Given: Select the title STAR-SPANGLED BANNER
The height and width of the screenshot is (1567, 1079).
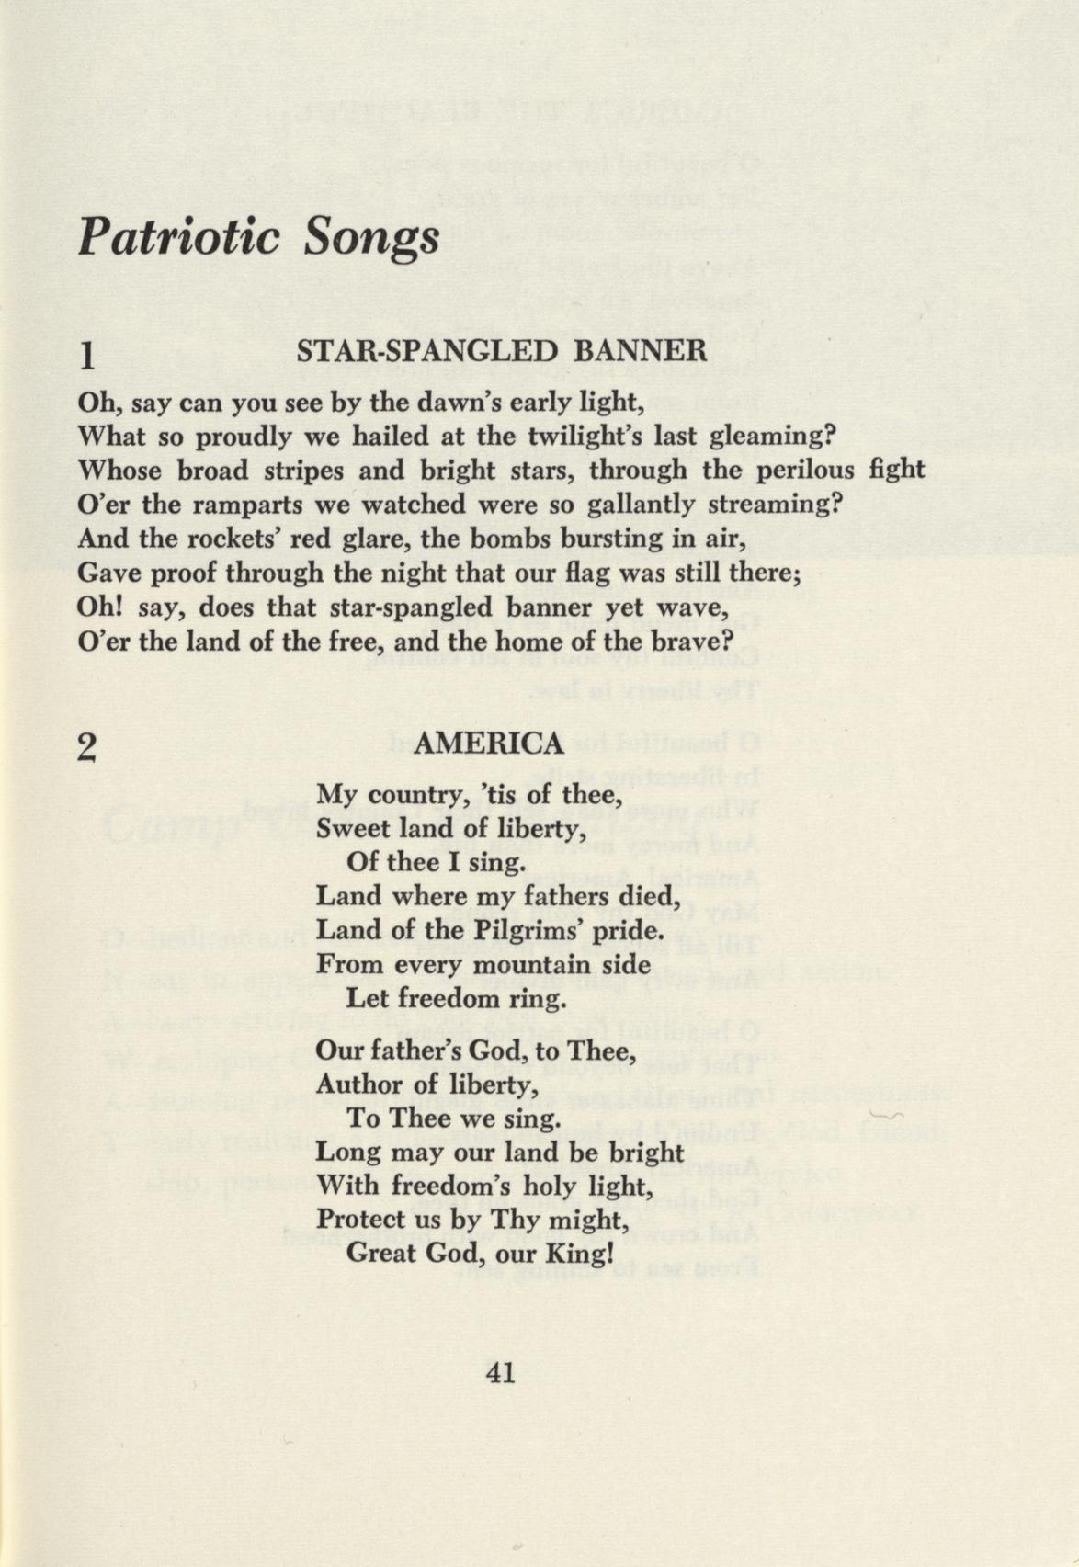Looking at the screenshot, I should coord(502,351).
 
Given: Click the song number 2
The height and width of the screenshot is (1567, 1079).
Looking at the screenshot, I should coord(87,747).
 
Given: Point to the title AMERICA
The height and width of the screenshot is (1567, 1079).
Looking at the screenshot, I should coord(488,744).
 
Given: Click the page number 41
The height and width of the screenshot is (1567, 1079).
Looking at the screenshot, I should coord(501,1373).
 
